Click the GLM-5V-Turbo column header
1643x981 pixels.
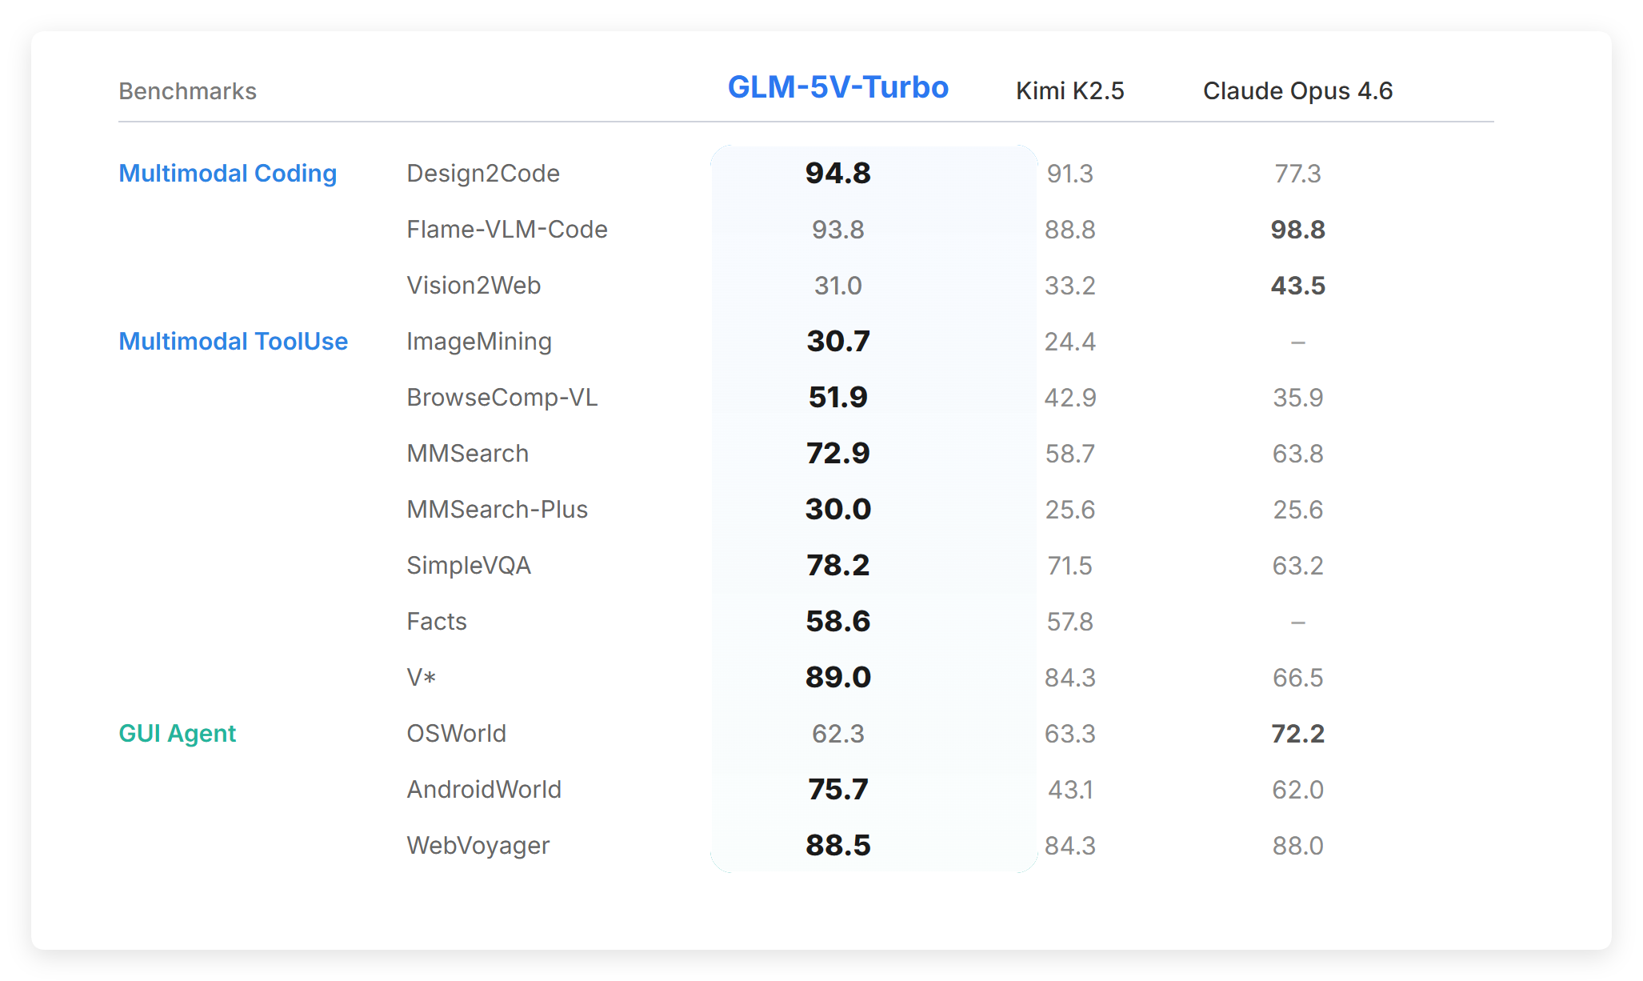[837, 87]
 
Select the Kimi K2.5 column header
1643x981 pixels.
[1069, 91]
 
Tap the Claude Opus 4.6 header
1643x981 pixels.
[1297, 91]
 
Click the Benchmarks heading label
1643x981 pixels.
[187, 91]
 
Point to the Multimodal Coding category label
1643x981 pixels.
[227, 174]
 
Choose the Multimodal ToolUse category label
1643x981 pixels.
[233, 342]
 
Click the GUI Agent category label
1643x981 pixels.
[177, 734]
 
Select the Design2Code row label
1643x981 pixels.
[482, 174]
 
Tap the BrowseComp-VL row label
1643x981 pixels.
[502, 398]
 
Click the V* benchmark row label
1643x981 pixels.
[421, 678]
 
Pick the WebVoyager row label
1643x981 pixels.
[478, 846]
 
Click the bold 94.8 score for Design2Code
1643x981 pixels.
[837, 174]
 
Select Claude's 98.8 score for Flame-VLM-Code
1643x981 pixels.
[1297, 230]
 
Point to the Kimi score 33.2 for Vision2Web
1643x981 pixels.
[1069, 286]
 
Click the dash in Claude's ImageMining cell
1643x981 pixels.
[1297, 342]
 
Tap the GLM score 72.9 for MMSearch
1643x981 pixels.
[837, 454]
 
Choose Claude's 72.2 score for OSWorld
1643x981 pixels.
[1297, 734]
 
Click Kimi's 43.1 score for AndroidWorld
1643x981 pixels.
[1069, 790]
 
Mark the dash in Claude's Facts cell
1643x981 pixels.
[1297, 623]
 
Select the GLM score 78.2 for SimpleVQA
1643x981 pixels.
[837, 566]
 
